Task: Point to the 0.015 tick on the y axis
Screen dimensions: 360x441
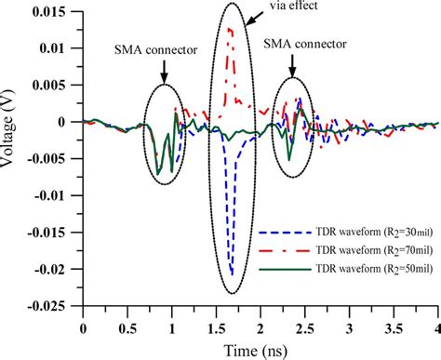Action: tap(60, 14)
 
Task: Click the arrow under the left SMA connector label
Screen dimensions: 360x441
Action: tap(164, 73)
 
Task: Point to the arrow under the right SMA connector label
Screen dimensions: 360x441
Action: tap(293, 65)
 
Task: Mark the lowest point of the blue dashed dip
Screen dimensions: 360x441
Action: tap(231, 274)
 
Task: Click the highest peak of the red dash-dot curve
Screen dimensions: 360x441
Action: tap(230, 29)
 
